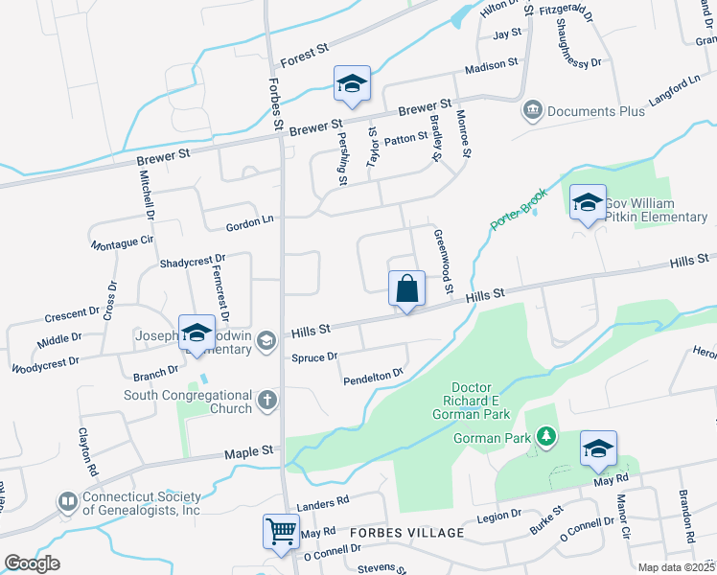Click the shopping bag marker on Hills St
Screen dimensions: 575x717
point(406,288)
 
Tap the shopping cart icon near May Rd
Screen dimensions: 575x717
point(281,531)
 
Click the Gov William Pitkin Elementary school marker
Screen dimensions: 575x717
point(588,202)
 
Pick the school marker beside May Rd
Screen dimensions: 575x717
point(598,448)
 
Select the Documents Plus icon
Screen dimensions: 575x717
point(532,111)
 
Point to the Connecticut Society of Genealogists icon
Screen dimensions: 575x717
point(68,502)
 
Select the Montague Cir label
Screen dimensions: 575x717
point(123,243)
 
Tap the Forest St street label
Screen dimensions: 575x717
point(305,59)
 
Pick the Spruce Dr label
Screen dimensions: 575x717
point(313,357)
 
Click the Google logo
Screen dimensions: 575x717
point(32,563)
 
